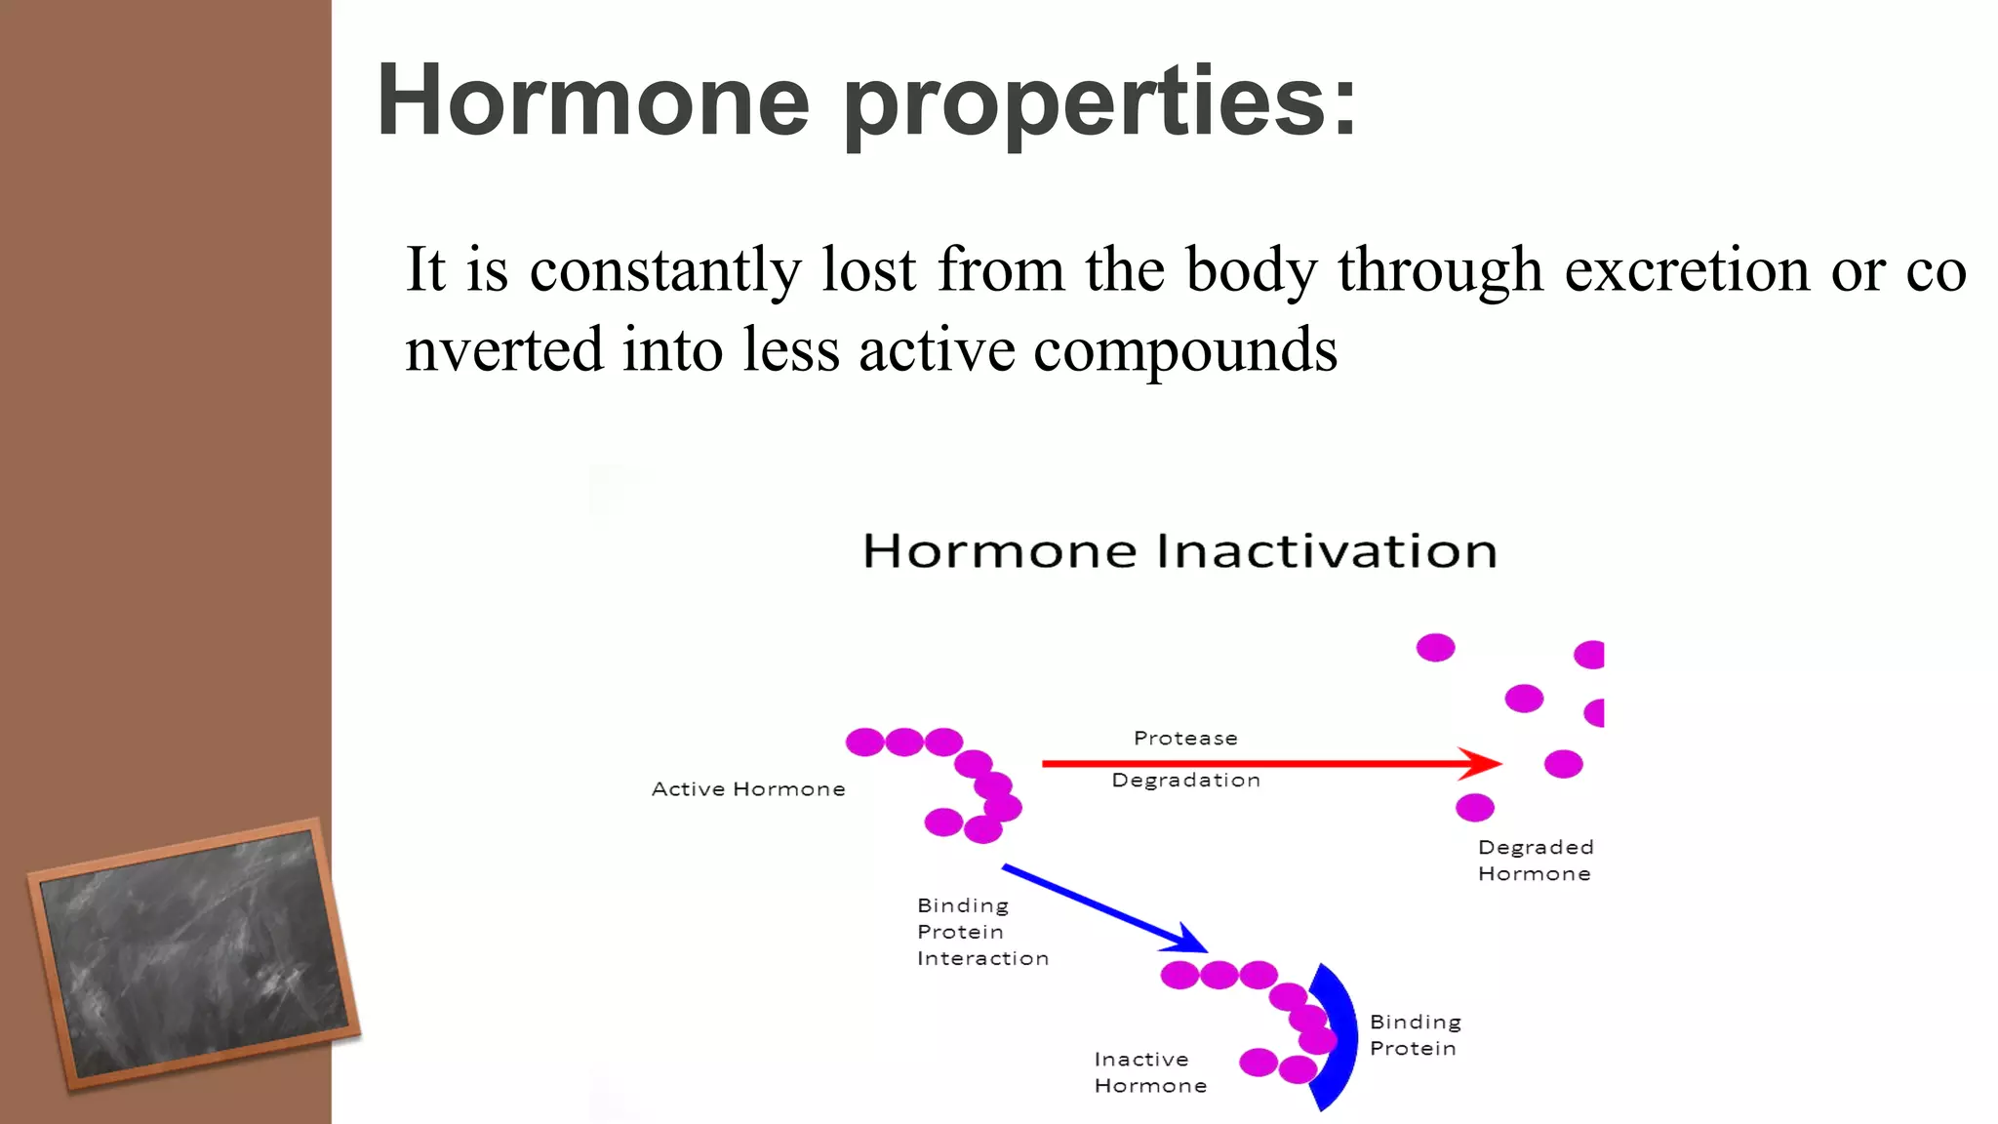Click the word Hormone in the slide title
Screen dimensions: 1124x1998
coord(593,100)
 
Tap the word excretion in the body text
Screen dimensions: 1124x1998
coord(1687,269)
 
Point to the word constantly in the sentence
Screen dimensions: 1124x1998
coord(664,271)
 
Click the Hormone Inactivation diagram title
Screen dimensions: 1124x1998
coord(1179,551)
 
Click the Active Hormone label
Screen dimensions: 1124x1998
coord(748,789)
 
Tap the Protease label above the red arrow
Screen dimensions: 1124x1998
coord(1185,739)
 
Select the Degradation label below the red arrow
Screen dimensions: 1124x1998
coord(1185,781)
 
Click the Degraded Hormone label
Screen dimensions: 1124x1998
coord(1535,861)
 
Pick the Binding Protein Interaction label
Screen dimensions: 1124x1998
coord(981,932)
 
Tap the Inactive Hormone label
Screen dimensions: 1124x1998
coord(1149,1072)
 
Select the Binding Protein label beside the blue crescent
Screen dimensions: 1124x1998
coord(1415,1035)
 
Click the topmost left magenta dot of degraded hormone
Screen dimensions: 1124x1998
coord(1435,648)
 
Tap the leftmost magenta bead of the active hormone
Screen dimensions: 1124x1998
coord(864,743)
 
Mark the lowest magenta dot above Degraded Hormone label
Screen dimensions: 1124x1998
coord(1474,808)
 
